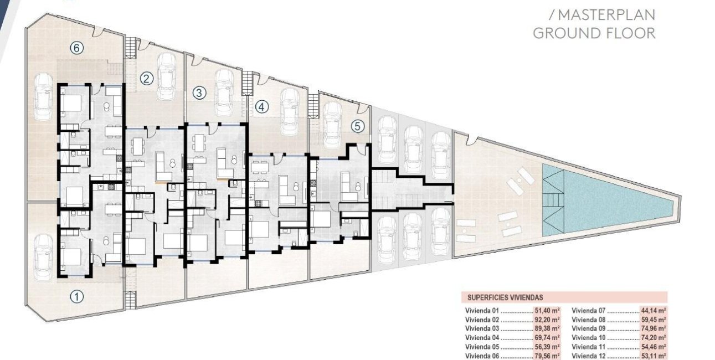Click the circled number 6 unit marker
pos(78,48)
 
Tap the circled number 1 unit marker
pos(78,297)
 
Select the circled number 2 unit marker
pos(146,79)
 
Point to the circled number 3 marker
pos(200,92)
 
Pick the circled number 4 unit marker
pos(261,106)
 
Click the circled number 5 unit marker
pos(358,126)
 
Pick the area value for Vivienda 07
pos(654,311)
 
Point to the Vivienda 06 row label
pos(483,356)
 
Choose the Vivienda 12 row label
pos(589,356)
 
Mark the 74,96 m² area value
pos(654,328)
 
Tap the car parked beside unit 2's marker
pos(167,76)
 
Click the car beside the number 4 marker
pos(289,111)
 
